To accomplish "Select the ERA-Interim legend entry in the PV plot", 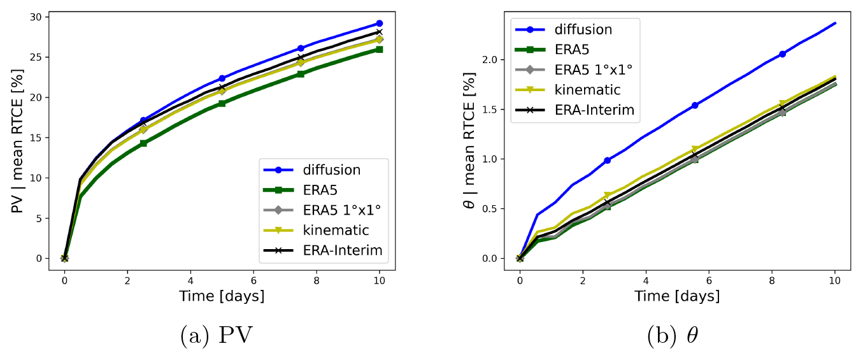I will coord(343,250).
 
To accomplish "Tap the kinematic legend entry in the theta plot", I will coord(587,89).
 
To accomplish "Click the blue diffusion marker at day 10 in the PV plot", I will coord(380,23).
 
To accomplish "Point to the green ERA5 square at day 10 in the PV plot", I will coord(380,49).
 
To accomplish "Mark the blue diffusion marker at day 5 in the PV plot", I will coord(222,78).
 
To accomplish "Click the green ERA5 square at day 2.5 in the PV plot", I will coord(143,143).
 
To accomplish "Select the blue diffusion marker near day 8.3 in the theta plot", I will coord(782,54).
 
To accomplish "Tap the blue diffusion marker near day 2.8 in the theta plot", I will coord(607,161).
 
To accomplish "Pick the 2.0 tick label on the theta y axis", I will coord(489,59).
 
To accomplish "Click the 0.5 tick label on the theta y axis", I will coord(489,208).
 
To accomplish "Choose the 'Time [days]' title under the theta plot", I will coord(677,296).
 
